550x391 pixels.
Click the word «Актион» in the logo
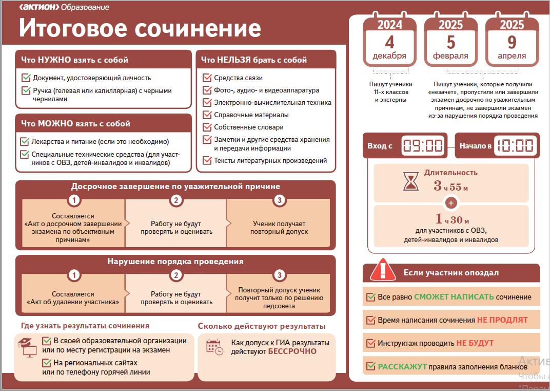40,7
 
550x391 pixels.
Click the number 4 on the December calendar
389,42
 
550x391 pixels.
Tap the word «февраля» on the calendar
451,56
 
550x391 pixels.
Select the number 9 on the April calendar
512,42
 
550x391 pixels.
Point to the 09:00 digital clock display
423,145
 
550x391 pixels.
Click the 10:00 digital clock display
516,145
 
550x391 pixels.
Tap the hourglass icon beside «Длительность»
411,181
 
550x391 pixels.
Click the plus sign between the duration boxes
451,203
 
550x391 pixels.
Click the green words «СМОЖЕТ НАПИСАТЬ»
454,297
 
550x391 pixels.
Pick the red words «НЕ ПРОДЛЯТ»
502,320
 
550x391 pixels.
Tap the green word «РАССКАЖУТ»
402,367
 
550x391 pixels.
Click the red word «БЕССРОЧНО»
292,351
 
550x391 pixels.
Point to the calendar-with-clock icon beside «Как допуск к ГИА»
214,347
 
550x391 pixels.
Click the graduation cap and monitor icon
28,347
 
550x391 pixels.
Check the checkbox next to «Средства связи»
207,78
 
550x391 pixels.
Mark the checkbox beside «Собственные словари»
207,127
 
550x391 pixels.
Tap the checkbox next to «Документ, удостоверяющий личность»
26,78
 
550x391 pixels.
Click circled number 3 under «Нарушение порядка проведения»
279,275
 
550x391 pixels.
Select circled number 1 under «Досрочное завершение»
74,200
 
